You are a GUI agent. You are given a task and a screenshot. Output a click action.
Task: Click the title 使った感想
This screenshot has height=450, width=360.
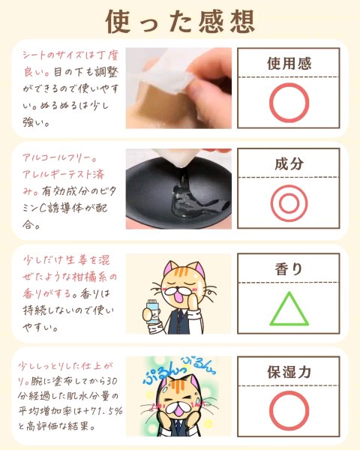pos(180,22)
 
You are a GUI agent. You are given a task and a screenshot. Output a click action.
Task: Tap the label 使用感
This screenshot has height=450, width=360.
pos(289,64)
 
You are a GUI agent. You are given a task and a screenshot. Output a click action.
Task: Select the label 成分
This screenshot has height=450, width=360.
pos(289,163)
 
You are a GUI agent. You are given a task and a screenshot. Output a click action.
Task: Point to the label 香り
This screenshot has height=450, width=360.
pos(289,269)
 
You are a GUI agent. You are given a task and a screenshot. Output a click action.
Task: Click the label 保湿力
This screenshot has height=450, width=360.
pos(289,372)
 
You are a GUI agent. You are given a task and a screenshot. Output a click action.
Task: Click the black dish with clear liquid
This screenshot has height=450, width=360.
pos(178,192)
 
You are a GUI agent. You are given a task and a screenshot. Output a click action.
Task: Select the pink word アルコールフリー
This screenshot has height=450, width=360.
pos(56,157)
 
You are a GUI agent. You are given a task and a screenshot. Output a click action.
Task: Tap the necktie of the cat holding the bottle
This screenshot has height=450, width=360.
pos(178,319)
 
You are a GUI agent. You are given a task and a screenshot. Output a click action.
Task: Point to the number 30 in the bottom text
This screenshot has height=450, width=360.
pos(112,381)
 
